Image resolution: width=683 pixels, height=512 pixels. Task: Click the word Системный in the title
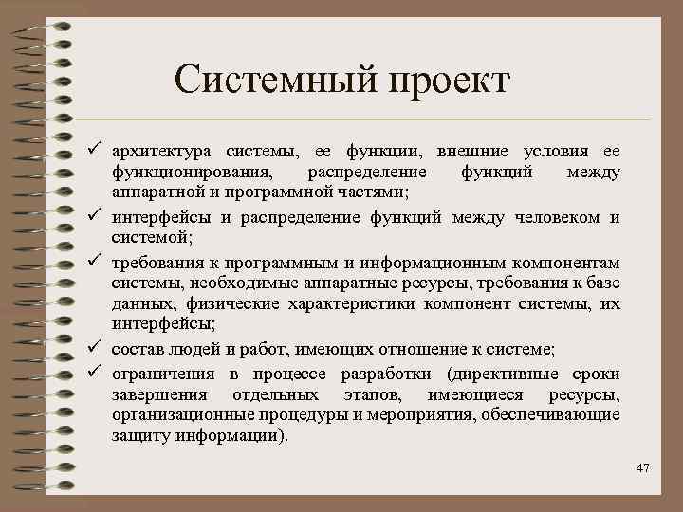(270, 78)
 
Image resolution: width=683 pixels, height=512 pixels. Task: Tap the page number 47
(641, 466)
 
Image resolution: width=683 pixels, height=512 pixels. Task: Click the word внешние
(471, 152)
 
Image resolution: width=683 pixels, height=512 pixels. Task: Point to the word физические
(234, 305)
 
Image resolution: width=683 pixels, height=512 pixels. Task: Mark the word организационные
(184, 415)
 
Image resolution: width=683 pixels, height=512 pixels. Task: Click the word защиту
(138, 437)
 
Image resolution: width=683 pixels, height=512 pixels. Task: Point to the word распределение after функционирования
(365, 174)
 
